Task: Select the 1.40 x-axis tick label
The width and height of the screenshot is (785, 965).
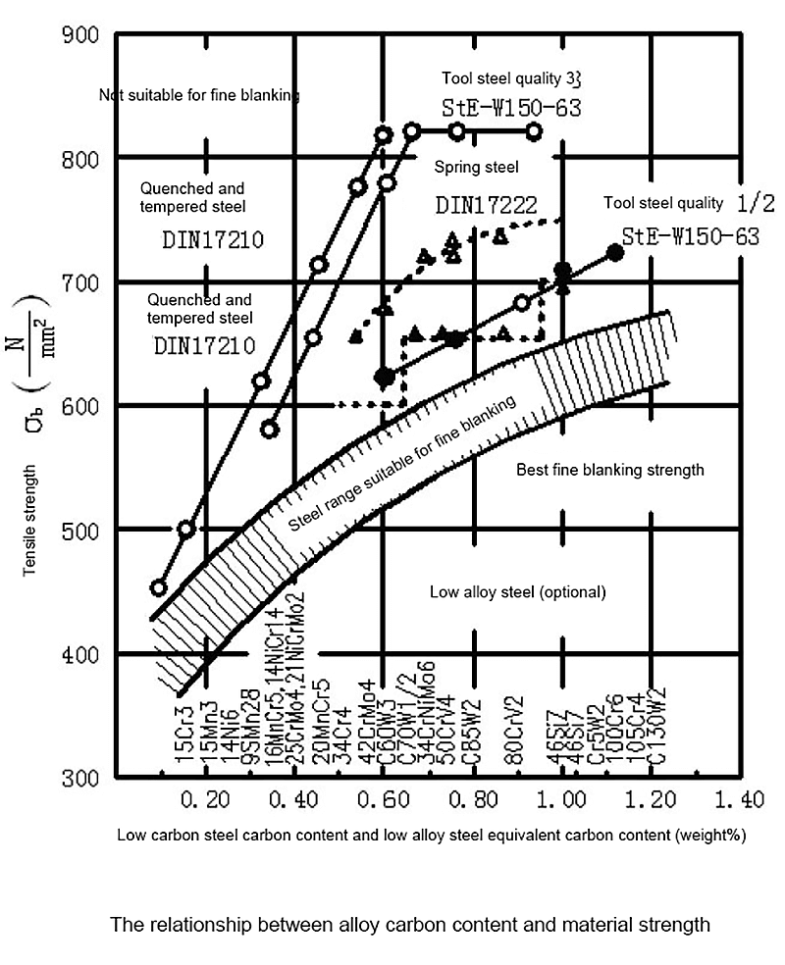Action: click(739, 801)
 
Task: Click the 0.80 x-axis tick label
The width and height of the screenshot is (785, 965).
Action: click(472, 801)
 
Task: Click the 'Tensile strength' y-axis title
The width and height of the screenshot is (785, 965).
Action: click(32, 526)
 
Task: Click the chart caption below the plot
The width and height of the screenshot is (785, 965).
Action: click(410, 924)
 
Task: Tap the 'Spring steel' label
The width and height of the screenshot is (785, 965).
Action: click(476, 168)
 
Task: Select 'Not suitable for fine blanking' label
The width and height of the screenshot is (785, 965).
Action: click(199, 95)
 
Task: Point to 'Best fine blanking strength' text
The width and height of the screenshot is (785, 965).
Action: click(610, 470)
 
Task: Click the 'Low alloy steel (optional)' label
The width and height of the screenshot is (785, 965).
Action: click(519, 592)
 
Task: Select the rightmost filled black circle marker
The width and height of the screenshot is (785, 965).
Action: click(616, 253)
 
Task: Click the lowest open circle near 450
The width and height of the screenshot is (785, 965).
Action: click(158, 587)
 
